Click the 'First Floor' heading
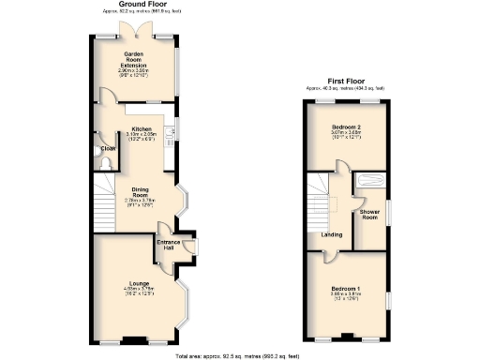click(349, 82)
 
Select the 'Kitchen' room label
click(141, 128)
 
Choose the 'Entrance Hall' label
click(169, 243)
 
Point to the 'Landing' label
click(331, 234)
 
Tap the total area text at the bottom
click(239, 356)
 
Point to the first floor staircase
click(328, 192)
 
